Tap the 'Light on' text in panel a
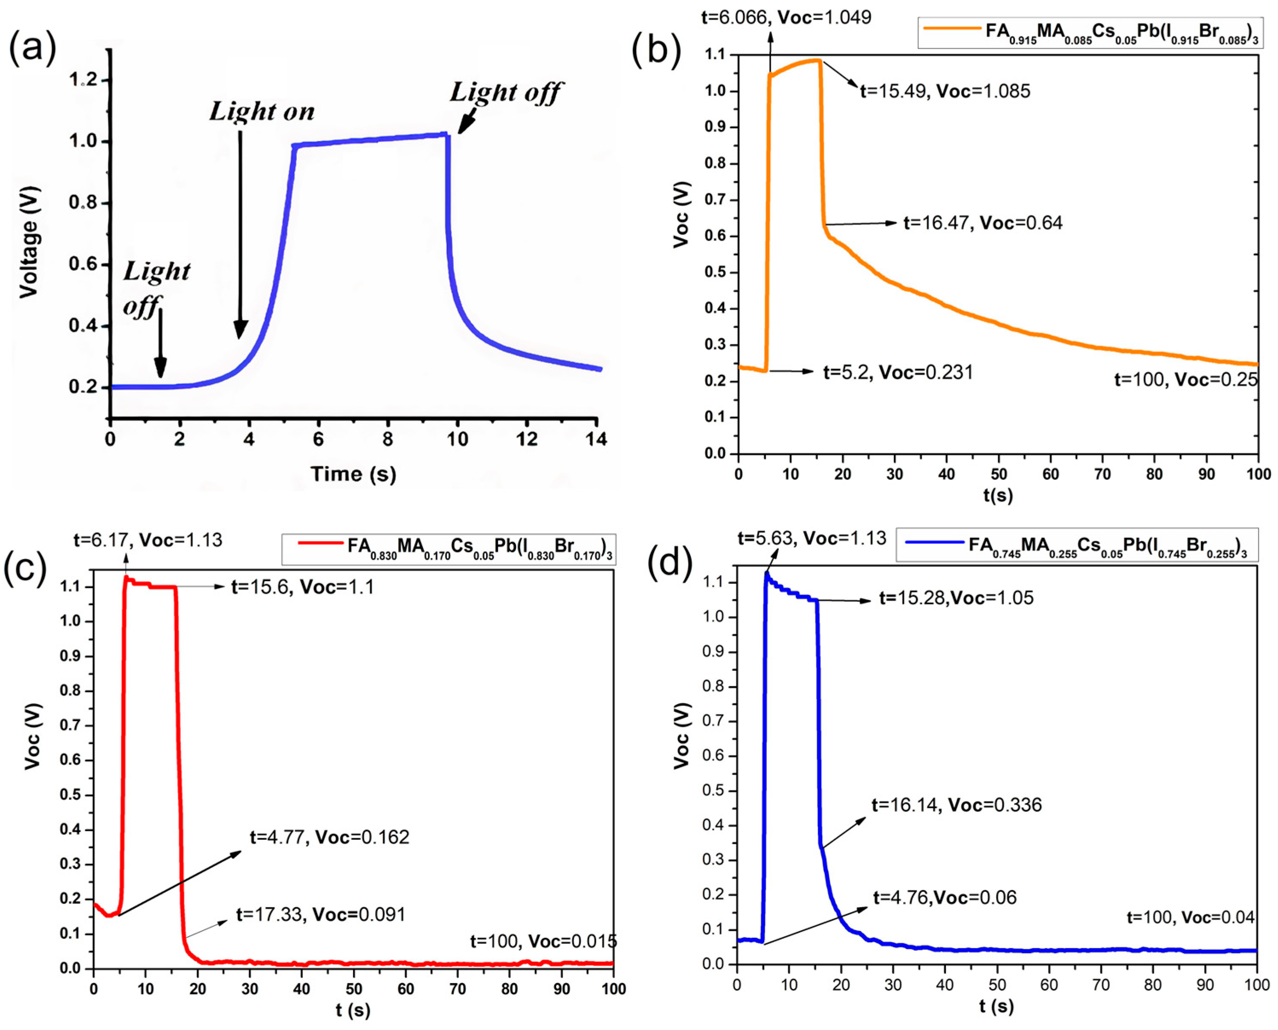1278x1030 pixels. [262, 112]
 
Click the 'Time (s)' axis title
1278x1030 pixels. [354, 473]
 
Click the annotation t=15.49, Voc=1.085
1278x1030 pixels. [945, 91]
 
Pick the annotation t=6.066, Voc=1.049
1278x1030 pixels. [786, 17]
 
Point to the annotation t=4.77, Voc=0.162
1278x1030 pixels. [329, 837]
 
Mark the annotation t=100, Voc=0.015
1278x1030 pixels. [543, 941]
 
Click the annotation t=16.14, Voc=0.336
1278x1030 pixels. [956, 805]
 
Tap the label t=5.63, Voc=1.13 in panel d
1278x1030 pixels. [811, 538]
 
